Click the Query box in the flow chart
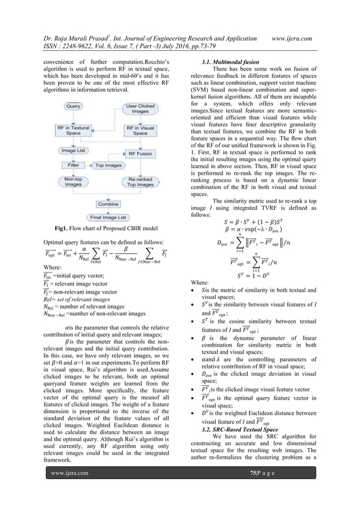[74, 106]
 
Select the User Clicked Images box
[137, 109]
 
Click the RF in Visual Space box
[137, 130]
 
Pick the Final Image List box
[105, 217]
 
